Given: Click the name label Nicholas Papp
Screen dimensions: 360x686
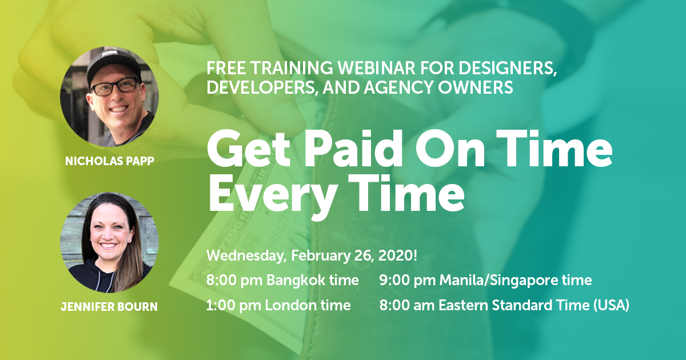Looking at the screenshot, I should (109, 162).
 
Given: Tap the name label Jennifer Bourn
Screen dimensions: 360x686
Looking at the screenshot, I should (109, 307).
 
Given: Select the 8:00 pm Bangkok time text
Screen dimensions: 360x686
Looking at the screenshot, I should (282, 281).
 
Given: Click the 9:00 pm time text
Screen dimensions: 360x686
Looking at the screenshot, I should (407, 281).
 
